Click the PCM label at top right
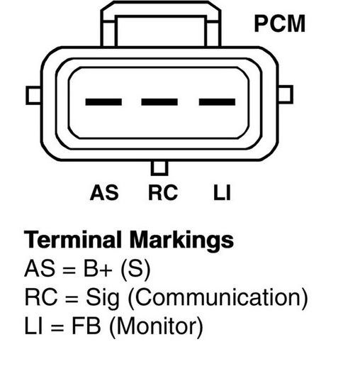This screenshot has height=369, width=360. point(280,23)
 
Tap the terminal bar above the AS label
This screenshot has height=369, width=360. point(103,102)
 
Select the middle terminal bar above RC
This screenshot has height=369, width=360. point(159,102)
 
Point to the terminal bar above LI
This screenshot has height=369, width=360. point(217,102)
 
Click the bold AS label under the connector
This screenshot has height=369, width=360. point(104,192)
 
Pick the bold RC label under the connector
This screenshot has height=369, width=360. point(163,192)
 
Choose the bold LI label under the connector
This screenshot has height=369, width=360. point(222,192)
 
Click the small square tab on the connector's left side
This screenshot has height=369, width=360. point(33,96)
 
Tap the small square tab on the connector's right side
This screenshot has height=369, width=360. point(286,94)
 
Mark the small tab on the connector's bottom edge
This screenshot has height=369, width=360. point(159,168)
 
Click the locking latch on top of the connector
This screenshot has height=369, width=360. point(161,23)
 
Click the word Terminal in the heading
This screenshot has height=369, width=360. point(73,240)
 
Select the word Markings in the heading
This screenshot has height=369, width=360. point(181,241)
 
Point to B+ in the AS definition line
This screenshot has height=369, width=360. point(98,269)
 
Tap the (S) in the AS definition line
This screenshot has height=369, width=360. point(135,270)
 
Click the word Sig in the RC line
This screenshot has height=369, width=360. point(103,299)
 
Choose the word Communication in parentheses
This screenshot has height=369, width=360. point(218,298)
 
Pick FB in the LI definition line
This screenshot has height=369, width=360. point(86,326)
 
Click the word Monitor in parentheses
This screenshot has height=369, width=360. point(156,326)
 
